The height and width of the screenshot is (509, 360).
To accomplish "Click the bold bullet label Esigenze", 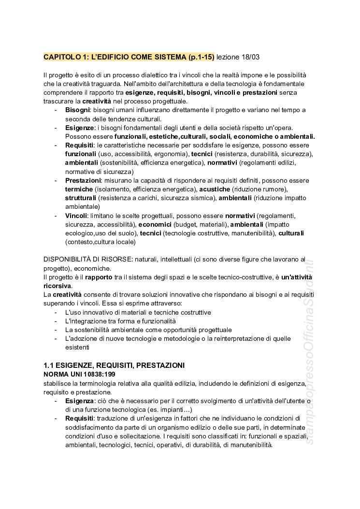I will [x=80, y=128].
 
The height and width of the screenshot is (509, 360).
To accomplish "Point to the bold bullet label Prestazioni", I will [x=83, y=180].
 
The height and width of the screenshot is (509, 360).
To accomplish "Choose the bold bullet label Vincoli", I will [x=76, y=216].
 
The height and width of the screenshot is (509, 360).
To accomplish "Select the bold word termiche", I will [x=79, y=189].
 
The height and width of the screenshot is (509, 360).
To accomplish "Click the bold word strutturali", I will [x=81, y=198].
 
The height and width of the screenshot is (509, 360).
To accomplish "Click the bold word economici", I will [x=155, y=224].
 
